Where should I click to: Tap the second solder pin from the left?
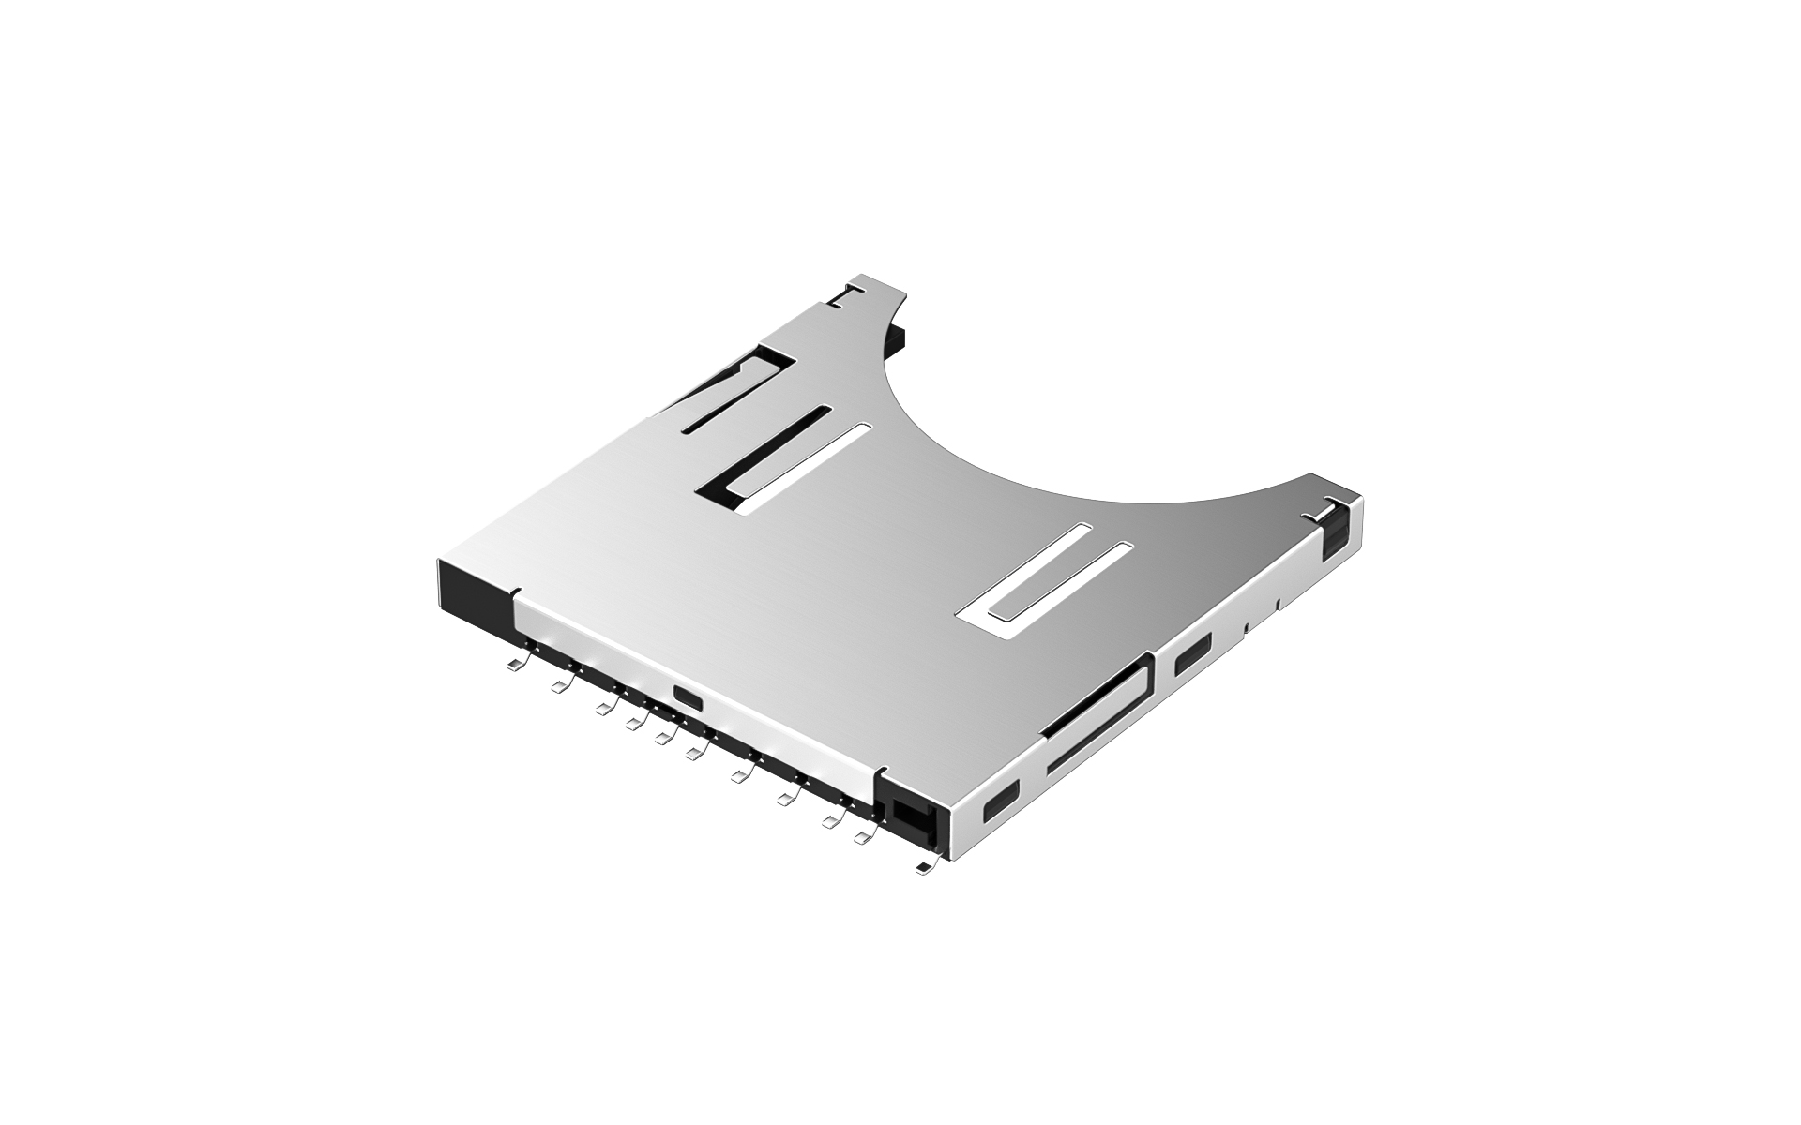pyautogui.click(x=561, y=688)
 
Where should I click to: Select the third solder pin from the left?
pyautogui.click(x=602, y=708)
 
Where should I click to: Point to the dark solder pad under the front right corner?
pyautogui.click(x=926, y=868)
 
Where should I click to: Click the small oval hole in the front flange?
pyautogui.click(x=687, y=697)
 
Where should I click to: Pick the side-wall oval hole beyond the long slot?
pyautogui.click(x=1192, y=653)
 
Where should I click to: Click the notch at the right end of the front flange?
pyautogui.click(x=879, y=773)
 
